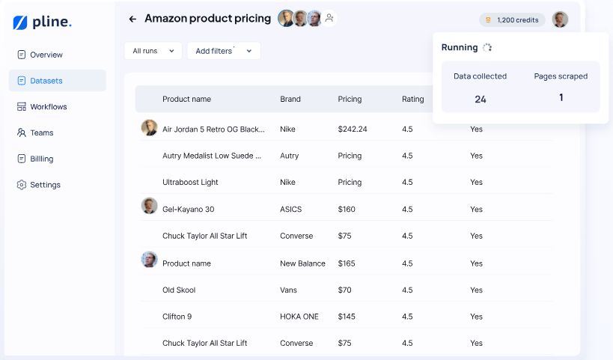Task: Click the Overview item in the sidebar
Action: pyautogui.click(x=46, y=55)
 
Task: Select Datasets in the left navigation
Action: pyautogui.click(x=46, y=81)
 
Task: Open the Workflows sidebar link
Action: pyautogui.click(x=48, y=107)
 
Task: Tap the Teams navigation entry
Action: pyautogui.click(x=41, y=132)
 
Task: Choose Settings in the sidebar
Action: pyautogui.click(x=45, y=185)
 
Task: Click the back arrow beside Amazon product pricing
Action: pyautogui.click(x=132, y=19)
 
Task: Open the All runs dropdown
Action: pyautogui.click(x=153, y=51)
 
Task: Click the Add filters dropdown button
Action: pyautogui.click(x=224, y=51)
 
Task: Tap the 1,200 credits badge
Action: pyautogui.click(x=512, y=20)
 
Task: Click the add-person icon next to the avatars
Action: pyautogui.click(x=329, y=18)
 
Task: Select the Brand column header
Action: pyautogui.click(x=290, y=99)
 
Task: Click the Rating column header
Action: pyautogui.click(x=412, y=99)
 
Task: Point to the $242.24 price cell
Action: pyautogui.click(x=353, y=129)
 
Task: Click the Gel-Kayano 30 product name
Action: pyautogui.click(x=188, y=210)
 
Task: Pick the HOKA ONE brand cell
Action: pyautogui.click(x=299, y=317)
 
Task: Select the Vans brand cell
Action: pyautogui.click(x=288, y=290)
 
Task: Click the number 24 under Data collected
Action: pyautogui.click(x=481, y=99)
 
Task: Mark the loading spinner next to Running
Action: pyautogui.click(x=487, y=47)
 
